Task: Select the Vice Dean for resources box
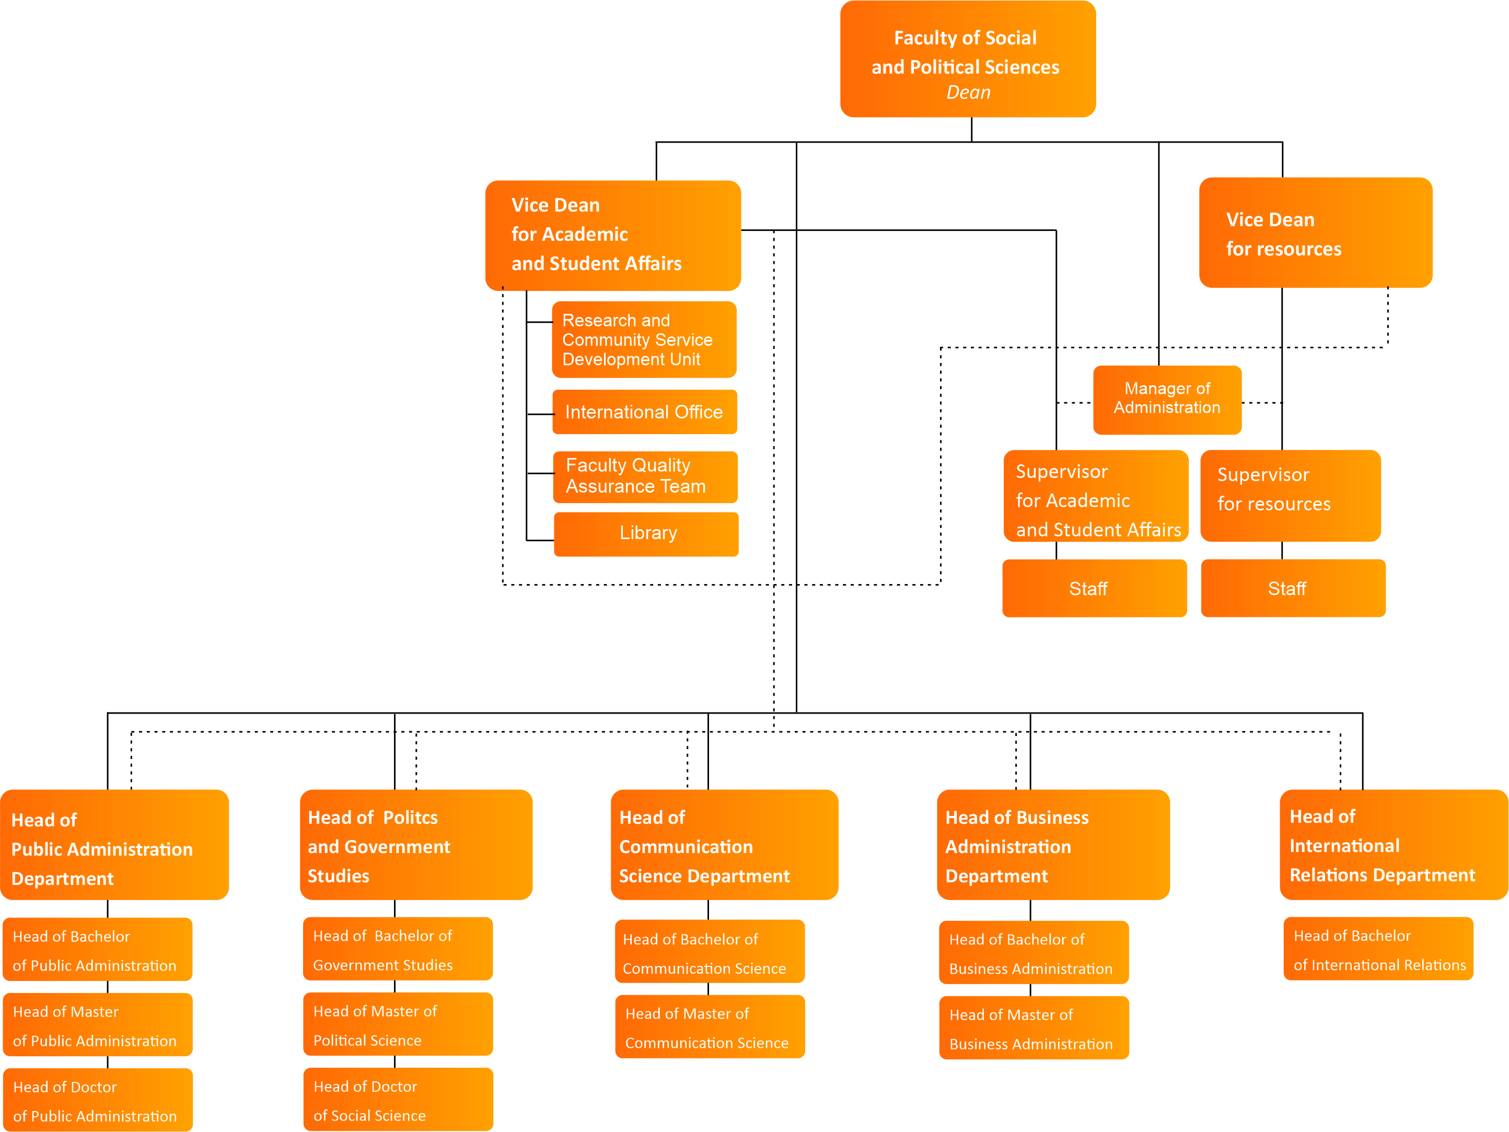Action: [x=1315, y=232]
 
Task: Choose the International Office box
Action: [x=644, y=412]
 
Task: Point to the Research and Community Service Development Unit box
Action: [x=643, y=340]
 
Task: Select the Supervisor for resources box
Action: [x=1290, y=495]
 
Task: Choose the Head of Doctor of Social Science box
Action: [x=398, y=1100]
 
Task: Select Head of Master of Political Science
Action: [x=398, y=1024]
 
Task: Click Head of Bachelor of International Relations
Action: [x=1378, y=949]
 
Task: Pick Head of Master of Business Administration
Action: [x=1033, y=1029]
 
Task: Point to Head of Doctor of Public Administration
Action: [x=98, y=1101]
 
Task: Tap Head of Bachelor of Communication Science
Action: [x=709, y=953]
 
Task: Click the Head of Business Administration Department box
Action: [x=1053, y=846]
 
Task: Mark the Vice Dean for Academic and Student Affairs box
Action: [x=612, y=235]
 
